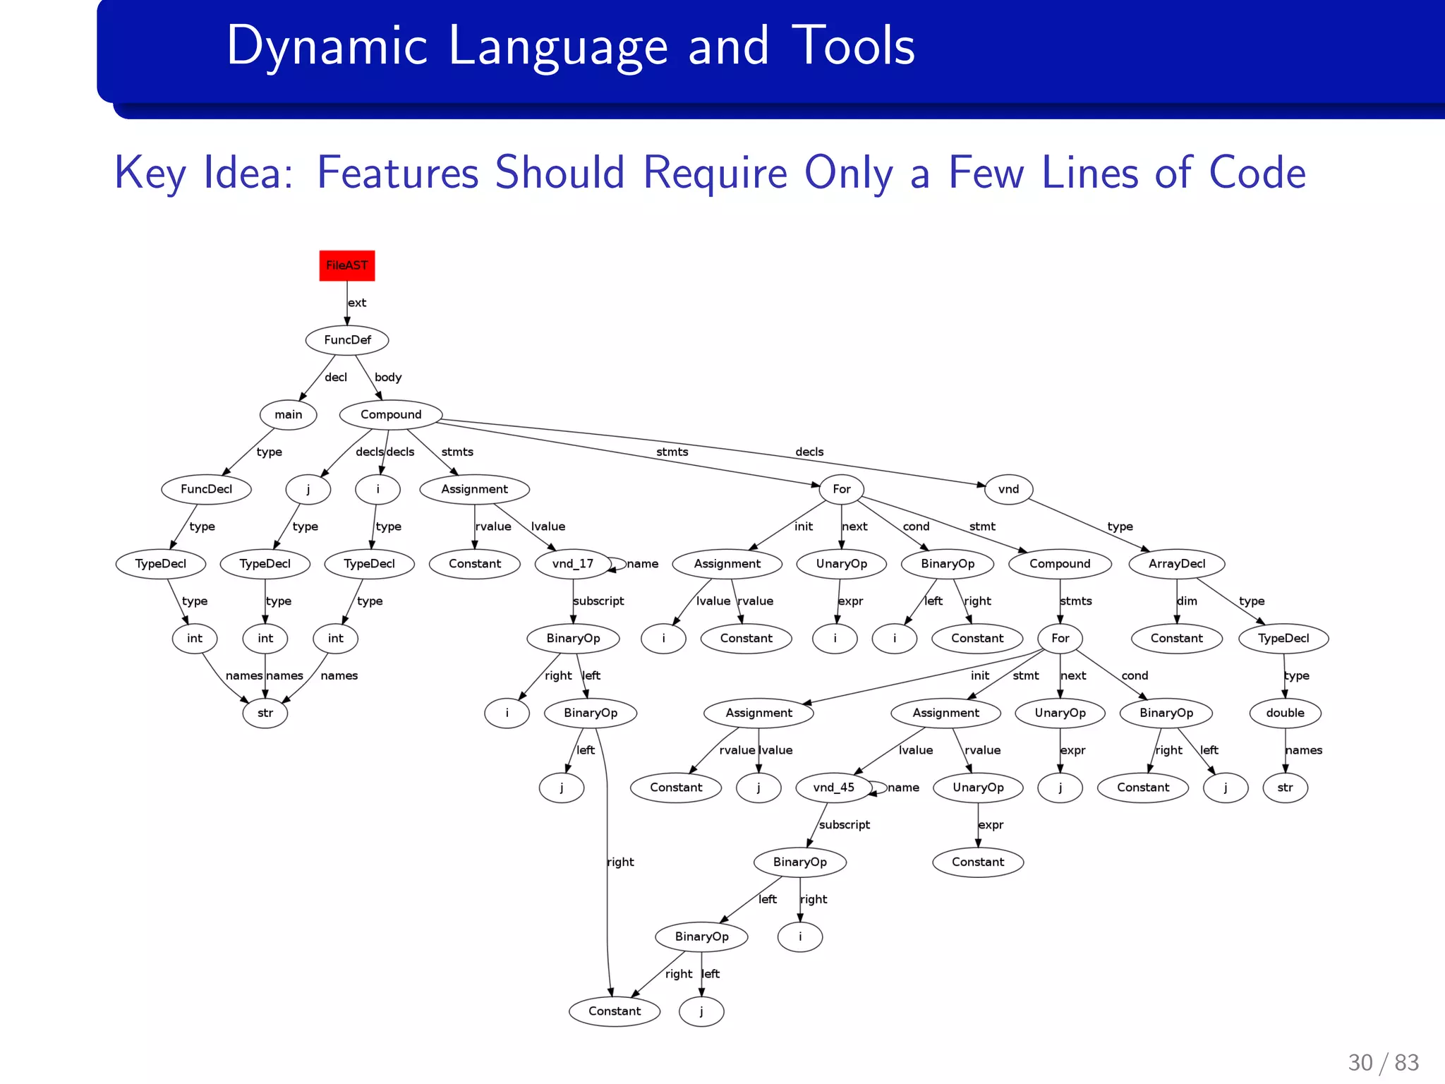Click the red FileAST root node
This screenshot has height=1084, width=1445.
(x=346, y=265)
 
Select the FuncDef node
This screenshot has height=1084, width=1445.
(x=347, y=340)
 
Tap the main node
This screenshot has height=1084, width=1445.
(x=288, y=415)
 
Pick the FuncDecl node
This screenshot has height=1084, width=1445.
(x=206, y=489)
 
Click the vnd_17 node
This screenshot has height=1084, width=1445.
(x=573, y=564)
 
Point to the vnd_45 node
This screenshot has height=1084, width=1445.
(x=834, y=788)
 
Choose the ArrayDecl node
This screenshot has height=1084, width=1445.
(x=1176, y=564)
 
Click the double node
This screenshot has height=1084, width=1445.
(x=1285, y=713)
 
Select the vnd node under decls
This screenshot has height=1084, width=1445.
(x=1008, y=489)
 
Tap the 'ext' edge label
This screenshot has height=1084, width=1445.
(x=357, y=303)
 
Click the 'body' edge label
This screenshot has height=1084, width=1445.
(x=388, y=378)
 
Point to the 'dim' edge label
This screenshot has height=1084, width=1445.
(x=1187, y=601)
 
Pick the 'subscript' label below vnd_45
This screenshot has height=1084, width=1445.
(x=845, y=825)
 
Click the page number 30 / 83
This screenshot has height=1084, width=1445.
(x=1383, y=1062)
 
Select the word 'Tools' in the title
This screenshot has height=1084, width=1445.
(x=853, y=46)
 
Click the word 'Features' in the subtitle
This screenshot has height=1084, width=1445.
(x=399, y=173)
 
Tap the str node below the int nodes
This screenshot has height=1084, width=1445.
(x=265, y=713)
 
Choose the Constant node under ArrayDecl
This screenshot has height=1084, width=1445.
(x=1176, y=639)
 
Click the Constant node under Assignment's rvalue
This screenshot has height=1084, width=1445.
(x=474, y=564)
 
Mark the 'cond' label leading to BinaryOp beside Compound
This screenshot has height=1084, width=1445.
(x=916, y=526)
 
